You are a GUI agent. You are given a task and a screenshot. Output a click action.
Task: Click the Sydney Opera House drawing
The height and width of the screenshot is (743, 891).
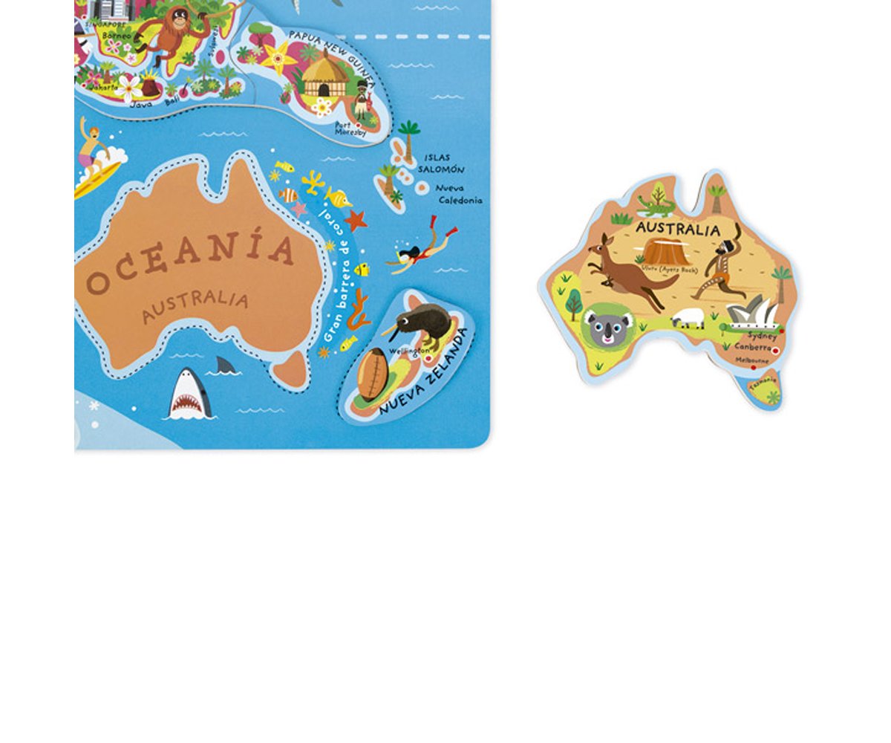[751, 312]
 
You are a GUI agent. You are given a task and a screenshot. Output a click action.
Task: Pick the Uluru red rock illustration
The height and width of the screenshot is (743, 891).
[667, 251]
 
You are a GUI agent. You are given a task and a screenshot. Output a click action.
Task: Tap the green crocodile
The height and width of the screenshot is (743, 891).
[655, 204]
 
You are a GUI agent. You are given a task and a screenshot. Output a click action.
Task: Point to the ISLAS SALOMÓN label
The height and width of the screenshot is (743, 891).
[440, 163]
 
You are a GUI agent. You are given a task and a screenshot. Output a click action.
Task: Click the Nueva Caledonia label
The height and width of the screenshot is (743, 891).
[459, 194]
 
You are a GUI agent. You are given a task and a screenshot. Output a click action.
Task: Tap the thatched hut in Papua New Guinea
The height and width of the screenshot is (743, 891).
[325, 79]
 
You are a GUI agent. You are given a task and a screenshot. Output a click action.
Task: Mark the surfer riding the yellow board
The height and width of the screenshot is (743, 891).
[94, 156]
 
